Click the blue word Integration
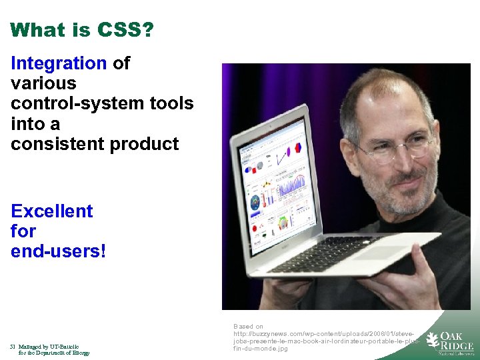click(59, 64)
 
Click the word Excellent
click(52, 211)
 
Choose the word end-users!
click(59, 252)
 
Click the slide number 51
click(13, 347)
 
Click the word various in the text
click(43, 84)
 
